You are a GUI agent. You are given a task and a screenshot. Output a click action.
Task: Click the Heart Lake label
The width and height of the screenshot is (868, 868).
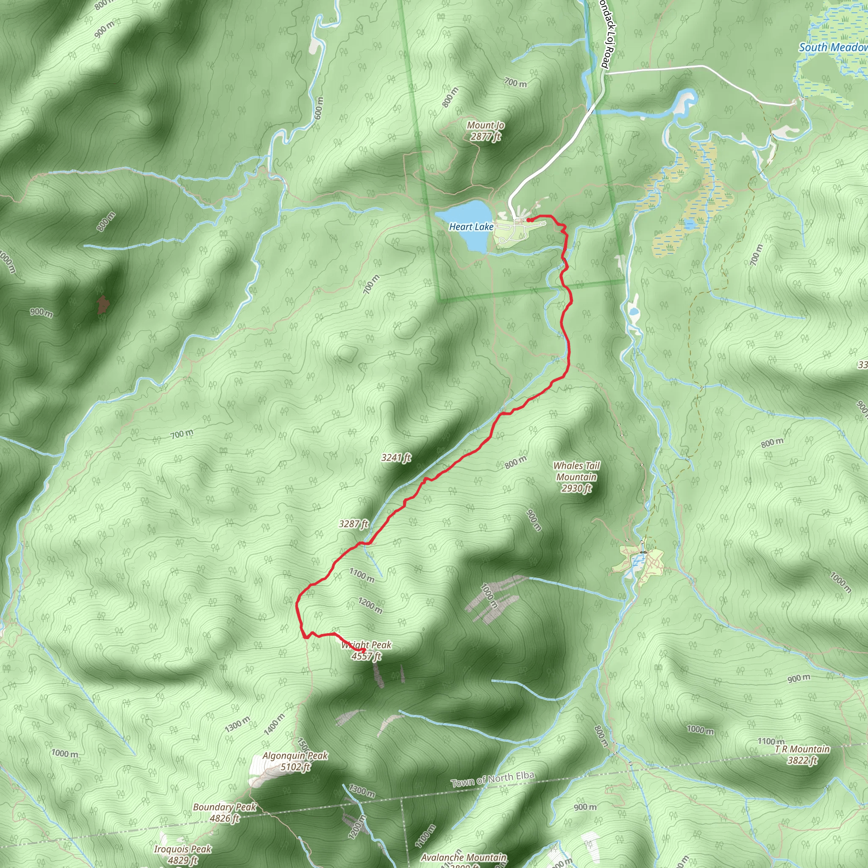pos(471,227)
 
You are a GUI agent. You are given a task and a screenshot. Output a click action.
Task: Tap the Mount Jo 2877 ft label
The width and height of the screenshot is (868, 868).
pos(485,131)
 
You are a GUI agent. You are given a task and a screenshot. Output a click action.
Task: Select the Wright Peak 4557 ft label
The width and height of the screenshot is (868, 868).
pos(366,651)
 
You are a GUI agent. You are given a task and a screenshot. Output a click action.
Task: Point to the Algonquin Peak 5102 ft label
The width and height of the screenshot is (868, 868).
pos(295,761)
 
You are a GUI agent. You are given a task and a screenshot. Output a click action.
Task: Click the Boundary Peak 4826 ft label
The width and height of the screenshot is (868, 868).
pos(224,812)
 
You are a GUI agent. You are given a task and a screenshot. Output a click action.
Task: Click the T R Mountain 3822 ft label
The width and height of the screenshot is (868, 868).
pos(802,754)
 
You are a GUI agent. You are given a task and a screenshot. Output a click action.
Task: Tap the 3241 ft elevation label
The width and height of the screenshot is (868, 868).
pos(396,458)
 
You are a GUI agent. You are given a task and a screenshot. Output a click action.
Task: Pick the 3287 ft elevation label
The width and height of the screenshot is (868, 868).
pos(353,524)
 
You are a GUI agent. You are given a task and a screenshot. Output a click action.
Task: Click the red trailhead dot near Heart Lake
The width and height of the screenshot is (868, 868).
pos(529,220)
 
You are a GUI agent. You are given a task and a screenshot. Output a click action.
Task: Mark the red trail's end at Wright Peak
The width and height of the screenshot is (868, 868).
pos(363,651)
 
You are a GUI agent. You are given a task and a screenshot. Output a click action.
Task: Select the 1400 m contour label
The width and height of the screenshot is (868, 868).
pos(274,725)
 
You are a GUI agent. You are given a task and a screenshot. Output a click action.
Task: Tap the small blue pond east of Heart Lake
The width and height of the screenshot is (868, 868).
pos(689,224)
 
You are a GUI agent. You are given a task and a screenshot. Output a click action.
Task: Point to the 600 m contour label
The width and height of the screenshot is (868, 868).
pos(319,108)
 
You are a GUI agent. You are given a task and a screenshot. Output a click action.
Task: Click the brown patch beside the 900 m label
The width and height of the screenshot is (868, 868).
pos(103,305)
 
